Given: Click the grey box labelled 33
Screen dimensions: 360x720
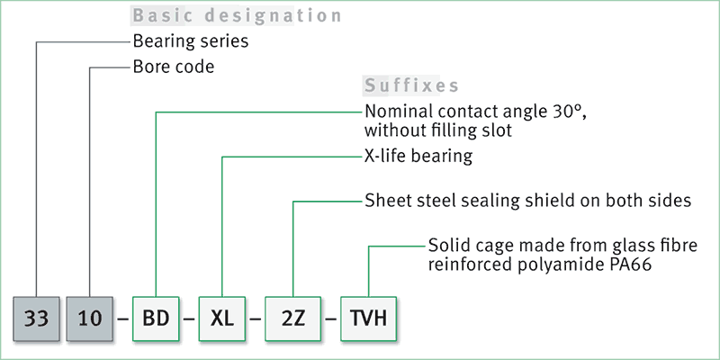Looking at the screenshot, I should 36,319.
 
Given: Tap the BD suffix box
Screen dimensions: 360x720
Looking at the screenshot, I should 156,319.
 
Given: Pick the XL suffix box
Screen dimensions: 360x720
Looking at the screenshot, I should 222,319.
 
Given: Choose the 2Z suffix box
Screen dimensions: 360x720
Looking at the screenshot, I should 294,319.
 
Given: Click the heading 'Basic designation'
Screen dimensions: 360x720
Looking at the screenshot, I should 237,16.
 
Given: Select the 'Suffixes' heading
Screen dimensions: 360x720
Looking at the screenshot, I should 411,86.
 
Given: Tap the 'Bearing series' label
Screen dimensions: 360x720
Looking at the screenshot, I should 190,41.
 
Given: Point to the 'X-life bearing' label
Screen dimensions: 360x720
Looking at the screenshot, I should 418,157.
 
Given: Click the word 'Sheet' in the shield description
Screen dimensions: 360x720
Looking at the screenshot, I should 386,201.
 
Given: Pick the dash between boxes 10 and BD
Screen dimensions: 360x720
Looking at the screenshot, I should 123,319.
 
